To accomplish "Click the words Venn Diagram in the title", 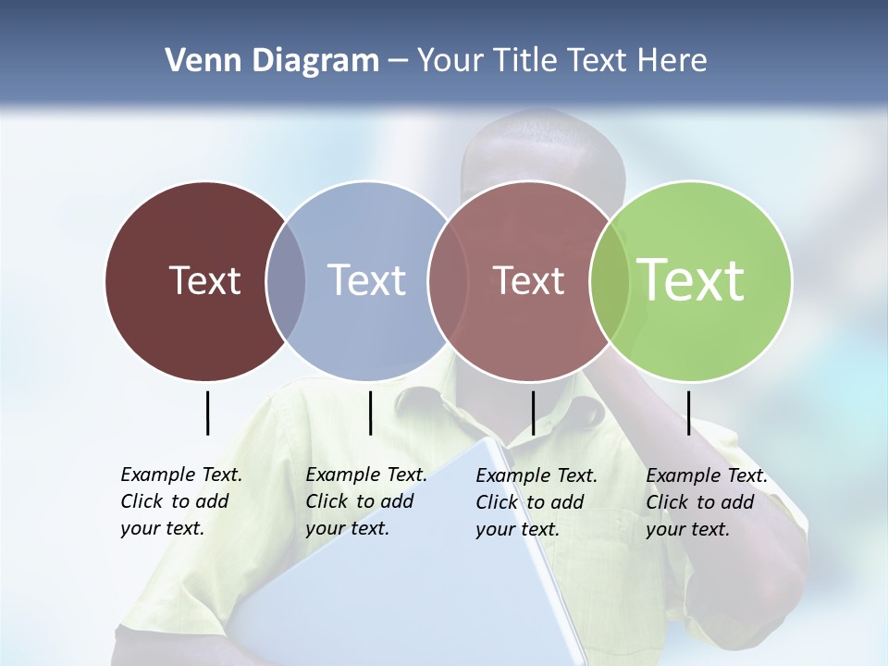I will (272, 61).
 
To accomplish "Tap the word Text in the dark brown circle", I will (204, 280).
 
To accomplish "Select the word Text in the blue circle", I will (367, 280).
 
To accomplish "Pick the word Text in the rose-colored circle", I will (528, 280).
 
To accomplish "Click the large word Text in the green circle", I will (691, 279).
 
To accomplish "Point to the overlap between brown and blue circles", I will (286, 281).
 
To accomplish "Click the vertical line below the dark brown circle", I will (208, 413).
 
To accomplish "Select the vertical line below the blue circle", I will (370, 413).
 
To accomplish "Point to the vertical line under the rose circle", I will (533, 413).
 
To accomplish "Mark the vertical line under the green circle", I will (688, 413).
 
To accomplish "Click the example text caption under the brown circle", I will (181, 501).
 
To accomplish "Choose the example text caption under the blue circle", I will (366, 501).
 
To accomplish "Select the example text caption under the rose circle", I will (536, 502).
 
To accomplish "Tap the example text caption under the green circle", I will (707, 502).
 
